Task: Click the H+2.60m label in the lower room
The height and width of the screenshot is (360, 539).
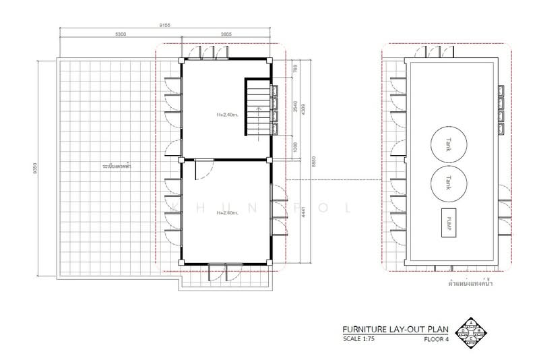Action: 228,213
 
